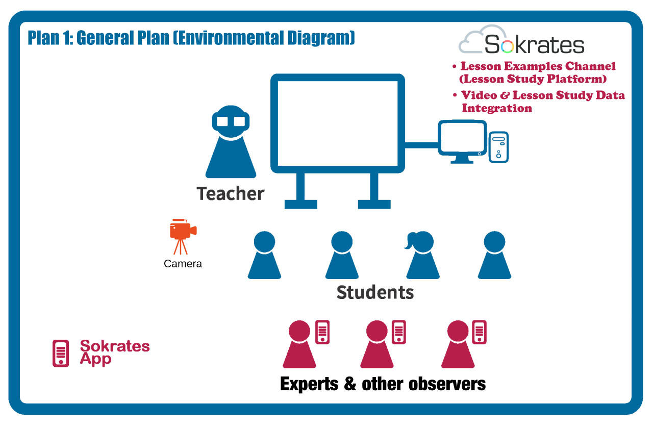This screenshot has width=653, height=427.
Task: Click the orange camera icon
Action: point(183,236)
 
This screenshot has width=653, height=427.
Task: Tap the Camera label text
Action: point(183,264)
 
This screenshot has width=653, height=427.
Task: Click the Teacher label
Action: point(230,193)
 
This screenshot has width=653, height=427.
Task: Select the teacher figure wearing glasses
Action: point(231,142)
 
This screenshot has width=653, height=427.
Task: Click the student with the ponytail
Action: point(422,255)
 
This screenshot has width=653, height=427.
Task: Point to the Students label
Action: point(375,292)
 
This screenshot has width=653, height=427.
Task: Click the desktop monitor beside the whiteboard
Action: point(462,142)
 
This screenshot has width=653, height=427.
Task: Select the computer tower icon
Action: point(498,147)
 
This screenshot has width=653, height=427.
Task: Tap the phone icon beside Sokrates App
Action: point(61,353)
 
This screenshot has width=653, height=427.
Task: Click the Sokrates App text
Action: point(115,353)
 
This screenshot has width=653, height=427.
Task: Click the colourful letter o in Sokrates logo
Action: point(507,46)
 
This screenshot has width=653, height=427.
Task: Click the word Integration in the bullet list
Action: point(497,109)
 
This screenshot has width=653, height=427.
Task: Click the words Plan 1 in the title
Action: point(50,38)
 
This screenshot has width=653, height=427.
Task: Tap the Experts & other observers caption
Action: point(383,384)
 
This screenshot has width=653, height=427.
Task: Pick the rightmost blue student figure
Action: point(494,255)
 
